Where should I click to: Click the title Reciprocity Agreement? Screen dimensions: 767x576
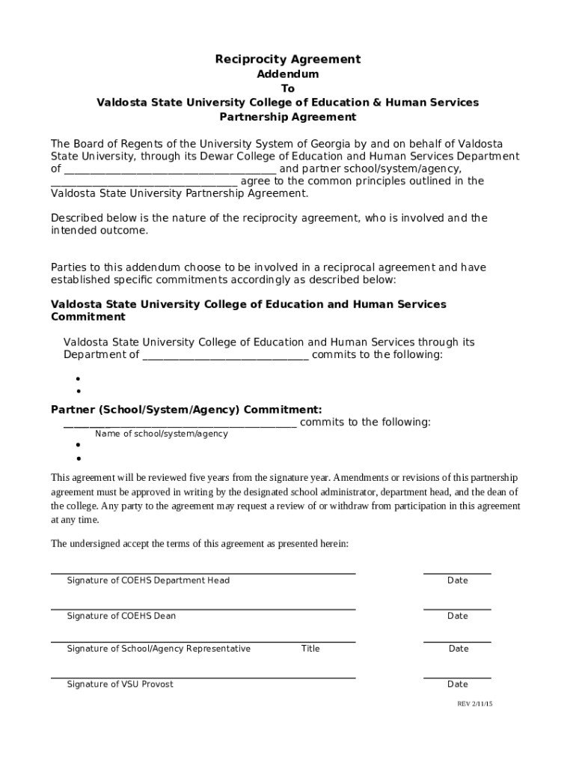click(288, 59)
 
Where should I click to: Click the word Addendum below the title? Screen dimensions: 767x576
click(288, 74)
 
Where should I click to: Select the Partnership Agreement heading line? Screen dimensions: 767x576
click(288, 117)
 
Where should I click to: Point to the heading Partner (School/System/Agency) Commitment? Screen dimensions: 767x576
click(186, 410)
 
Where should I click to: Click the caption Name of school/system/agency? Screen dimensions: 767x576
click(162, 434)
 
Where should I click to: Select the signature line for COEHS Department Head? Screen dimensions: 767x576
click(203, 573)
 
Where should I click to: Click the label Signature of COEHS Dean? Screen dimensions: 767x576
click(121, 616)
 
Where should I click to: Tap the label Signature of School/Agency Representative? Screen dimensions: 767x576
click(159, 649)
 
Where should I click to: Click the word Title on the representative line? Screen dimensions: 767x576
click(310, 649)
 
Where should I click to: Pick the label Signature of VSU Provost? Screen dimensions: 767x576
click(120, 684)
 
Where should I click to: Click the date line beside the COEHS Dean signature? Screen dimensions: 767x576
click(457, 609)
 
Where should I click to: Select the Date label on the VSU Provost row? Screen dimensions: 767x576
click(457, 684)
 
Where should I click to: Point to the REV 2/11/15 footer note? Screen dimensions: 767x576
click(475, 704)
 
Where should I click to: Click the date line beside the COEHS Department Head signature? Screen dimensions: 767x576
click(457, 573)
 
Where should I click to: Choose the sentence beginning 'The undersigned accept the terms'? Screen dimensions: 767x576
click(199, 544)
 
